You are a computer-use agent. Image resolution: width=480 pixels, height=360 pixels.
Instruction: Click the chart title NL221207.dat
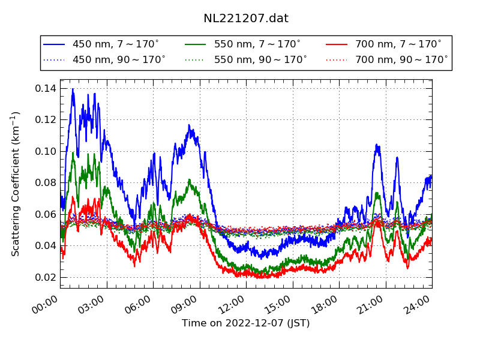tap(246, 19)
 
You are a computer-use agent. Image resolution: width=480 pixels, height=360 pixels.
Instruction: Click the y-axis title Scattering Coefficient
tap(16, 184)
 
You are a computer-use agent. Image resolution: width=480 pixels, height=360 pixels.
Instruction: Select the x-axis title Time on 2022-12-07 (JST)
tap(246, 323)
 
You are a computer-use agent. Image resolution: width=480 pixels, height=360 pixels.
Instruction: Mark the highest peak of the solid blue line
tap(73, 89)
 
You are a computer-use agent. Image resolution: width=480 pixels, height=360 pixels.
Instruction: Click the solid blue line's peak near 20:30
tap(377, 145)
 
